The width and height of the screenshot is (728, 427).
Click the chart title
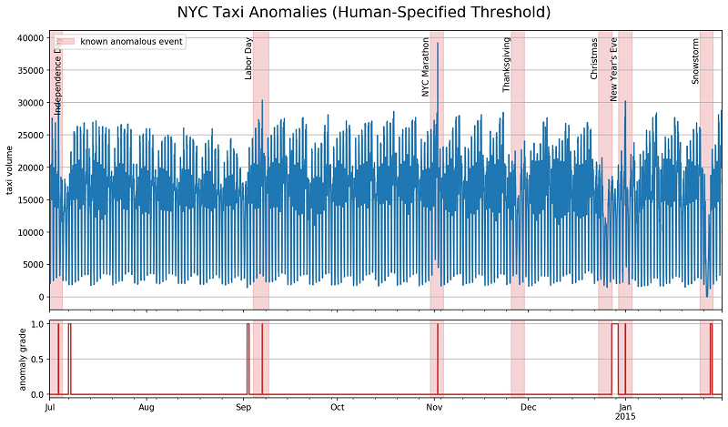(x=364, y=13)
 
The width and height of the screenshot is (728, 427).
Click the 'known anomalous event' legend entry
(x=131, y=42)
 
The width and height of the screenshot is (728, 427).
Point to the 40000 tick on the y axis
(x=31, y=38)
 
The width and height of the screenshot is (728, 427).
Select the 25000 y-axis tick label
(x=31, y=135)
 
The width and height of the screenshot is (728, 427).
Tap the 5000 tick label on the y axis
(x=34, y=265)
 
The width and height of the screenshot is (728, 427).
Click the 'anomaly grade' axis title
(x=10, y=358)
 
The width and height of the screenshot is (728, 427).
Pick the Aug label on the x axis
(x=147, y=407)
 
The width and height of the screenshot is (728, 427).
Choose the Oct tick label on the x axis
(x=338, y=407)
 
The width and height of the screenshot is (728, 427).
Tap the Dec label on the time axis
(x=530, y=407)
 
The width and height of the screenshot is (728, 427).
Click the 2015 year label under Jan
(x=625, y=417)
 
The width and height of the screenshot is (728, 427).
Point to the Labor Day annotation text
(x=248, y=58)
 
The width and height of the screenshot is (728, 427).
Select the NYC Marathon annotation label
(x=425, y=66)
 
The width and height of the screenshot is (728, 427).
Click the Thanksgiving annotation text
(x=507, y=65)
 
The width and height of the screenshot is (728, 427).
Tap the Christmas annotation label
(x=594, y=58)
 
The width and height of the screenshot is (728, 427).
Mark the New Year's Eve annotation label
(x=614, y=68)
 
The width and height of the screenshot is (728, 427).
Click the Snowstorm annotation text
(x=695, y=61)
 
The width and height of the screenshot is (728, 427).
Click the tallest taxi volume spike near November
(x=438, y=44)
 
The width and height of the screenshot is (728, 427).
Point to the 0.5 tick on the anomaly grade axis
(x=38, y=359)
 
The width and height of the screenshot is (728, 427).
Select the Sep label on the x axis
(x=242, y=407)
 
